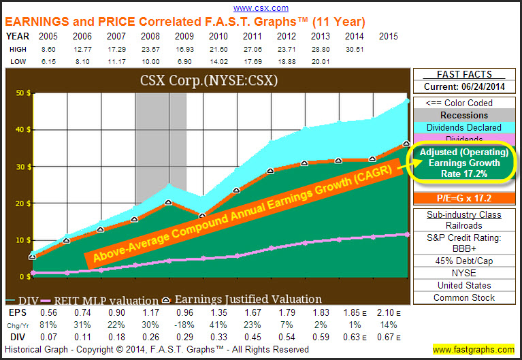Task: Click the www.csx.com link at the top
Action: [x=261, y=8]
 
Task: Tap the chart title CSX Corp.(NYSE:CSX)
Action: [x=208, y=82]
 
